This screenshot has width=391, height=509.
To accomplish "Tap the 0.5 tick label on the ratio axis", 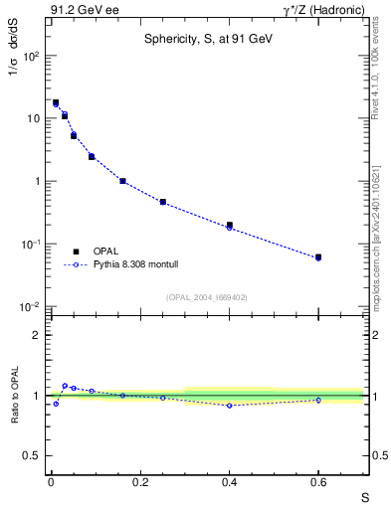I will click(x=32, y=455).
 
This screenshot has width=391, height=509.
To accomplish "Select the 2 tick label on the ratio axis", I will click(x=38, y=335).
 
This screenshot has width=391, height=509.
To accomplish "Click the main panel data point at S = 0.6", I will click(x=318, y=257).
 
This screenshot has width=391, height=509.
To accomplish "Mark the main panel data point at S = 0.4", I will click(x=229, y=226).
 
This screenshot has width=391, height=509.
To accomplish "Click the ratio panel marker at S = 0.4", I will click(x=229, y=405).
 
